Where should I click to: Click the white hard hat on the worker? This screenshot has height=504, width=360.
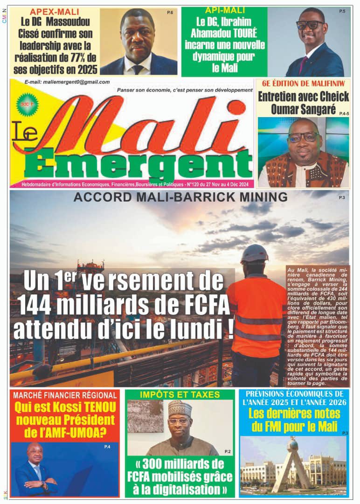click(x=254, y=253)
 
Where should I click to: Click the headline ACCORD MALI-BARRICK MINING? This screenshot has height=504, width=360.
click(x=180, y=197)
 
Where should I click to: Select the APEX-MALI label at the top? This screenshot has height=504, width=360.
click(x=55, y=12)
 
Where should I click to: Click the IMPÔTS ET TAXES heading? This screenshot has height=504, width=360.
click(x=180, y=395)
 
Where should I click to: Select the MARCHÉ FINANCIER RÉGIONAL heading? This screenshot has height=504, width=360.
click(x=65, y=395)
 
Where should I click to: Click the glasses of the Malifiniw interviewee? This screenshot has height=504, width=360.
click(x=303, y=137)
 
